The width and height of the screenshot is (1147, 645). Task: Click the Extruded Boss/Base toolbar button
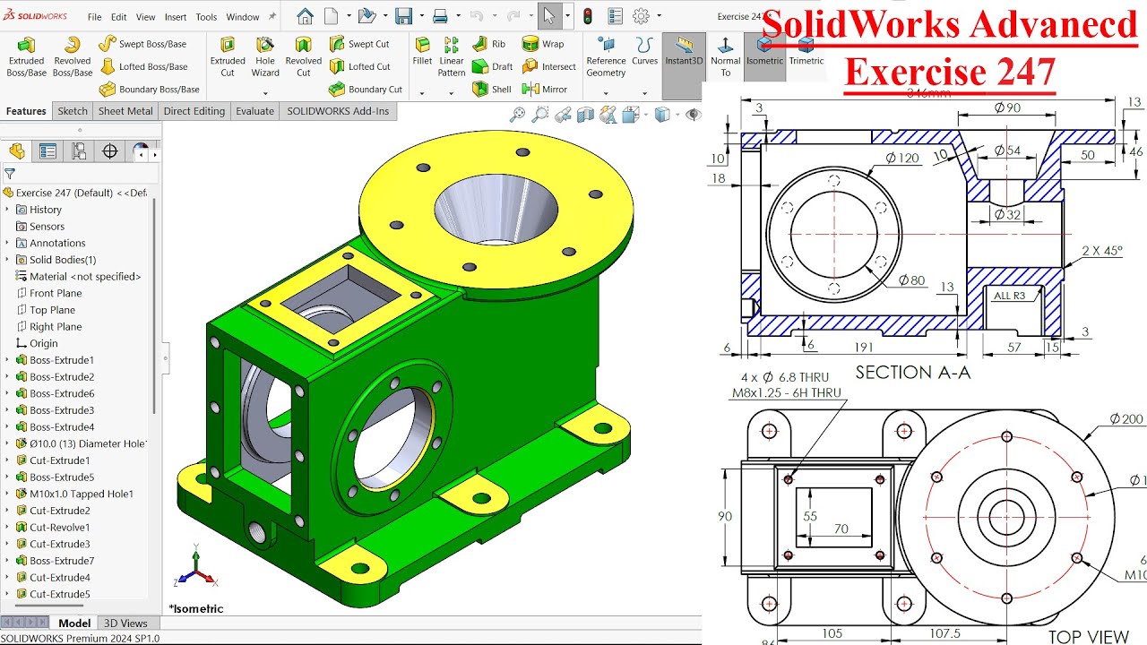pos(26,56)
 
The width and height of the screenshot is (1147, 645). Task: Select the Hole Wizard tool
pos(265,56)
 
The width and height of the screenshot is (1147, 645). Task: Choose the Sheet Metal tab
pos(125,111)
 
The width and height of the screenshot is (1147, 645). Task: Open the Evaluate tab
pos(254,111)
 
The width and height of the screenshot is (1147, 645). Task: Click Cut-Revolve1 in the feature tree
pos(59,528)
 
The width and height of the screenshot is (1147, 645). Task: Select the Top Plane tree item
pos(52,310)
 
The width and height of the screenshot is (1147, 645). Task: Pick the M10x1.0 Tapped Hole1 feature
pos(81,494)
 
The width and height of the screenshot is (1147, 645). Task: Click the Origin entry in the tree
pos(43,343)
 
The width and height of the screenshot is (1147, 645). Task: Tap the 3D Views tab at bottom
pos(125,623)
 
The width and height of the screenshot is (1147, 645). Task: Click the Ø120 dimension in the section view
pos(902,158)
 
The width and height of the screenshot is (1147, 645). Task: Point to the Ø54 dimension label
pos(1007,150)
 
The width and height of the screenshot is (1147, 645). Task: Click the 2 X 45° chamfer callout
pos(1101,251)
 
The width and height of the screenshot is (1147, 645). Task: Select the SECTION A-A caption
pos(912,373)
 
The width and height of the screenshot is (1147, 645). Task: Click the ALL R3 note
pos(1009,296)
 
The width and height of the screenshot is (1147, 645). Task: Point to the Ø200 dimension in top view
pos(1126,419)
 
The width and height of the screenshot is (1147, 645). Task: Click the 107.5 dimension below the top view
pos(944,633)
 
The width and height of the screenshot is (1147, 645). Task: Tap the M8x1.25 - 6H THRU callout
pos(786,392)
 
